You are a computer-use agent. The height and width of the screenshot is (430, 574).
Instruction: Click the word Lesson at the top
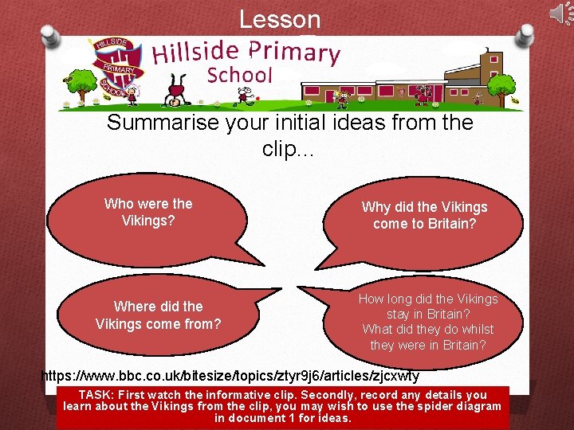click(x=280, y=19)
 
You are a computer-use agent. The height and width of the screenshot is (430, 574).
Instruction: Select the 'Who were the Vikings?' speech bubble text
click(x=148, y=212)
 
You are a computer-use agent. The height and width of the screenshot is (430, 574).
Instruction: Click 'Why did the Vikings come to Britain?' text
click(x=424, y=215)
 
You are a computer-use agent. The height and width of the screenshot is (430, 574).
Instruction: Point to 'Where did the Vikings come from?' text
click(x=158, y=315)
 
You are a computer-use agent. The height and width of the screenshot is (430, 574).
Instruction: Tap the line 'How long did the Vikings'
click(x=427, y=299)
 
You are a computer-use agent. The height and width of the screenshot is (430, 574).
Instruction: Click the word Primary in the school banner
click(x=294, y=52)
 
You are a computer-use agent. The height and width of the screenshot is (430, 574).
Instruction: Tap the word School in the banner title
click(x=239, y=76)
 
